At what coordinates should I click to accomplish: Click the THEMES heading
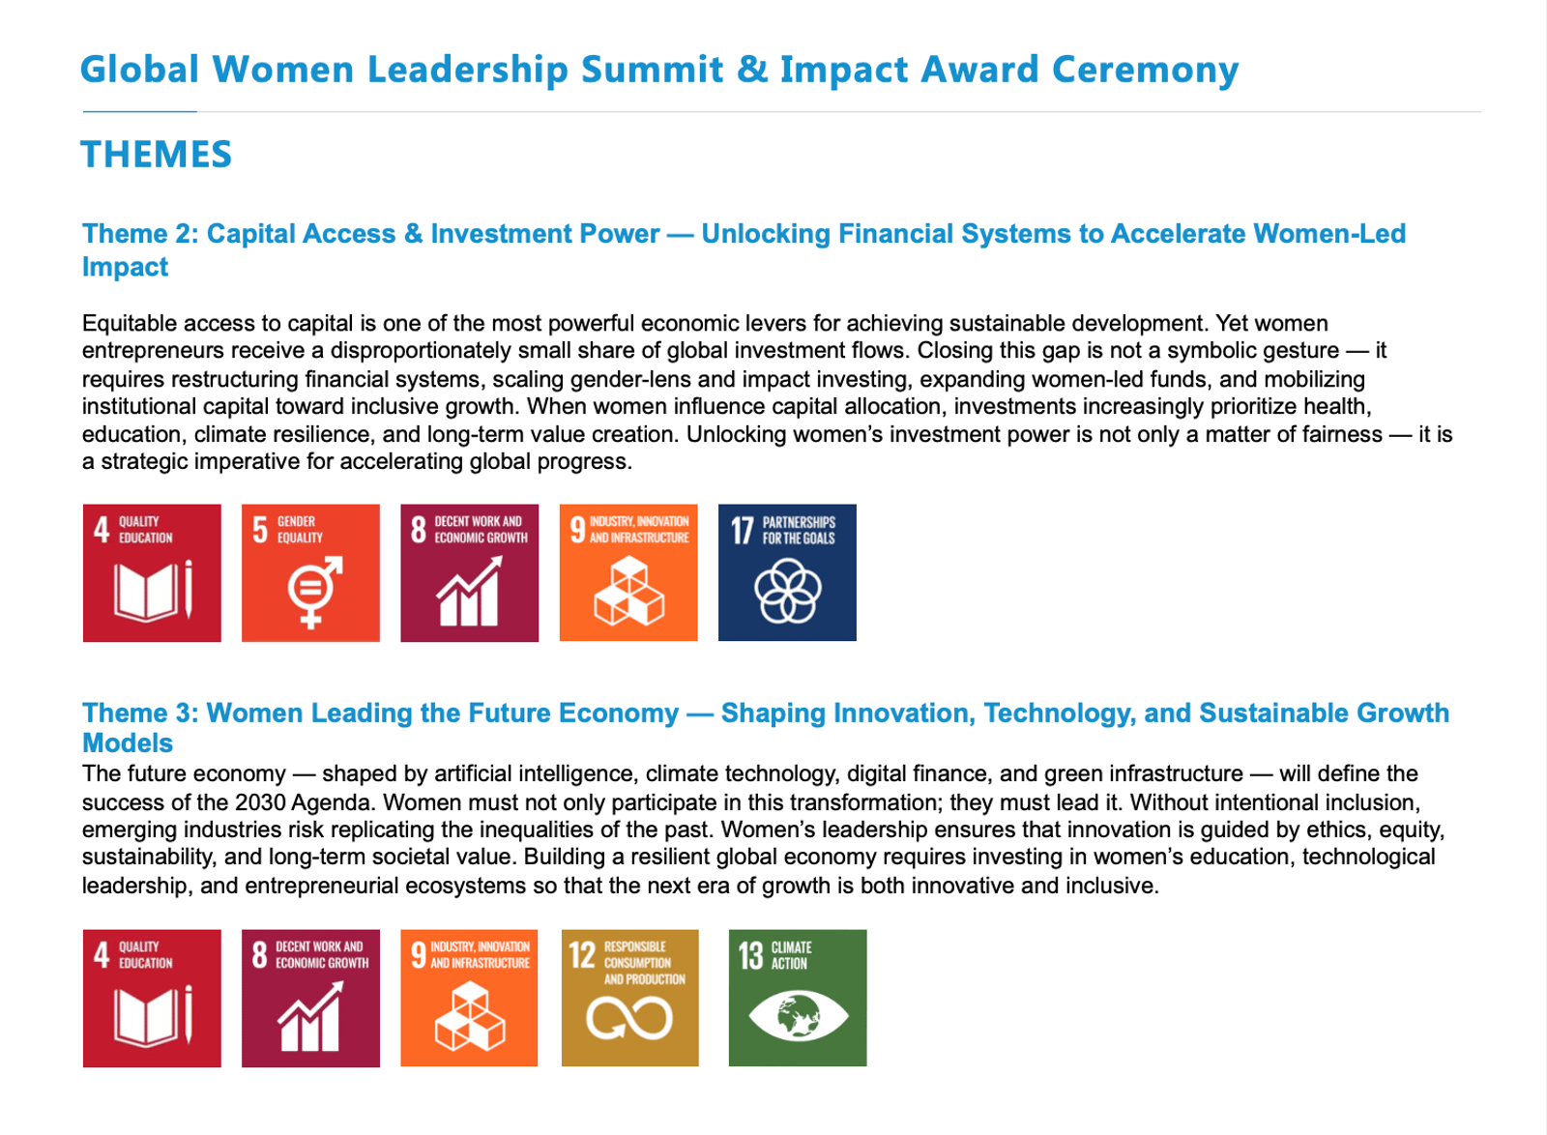coord(156,154)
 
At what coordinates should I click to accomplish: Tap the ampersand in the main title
coord(752,69)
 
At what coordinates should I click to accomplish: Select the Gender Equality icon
coord(310,573)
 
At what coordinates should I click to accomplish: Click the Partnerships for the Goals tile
coord(787,573)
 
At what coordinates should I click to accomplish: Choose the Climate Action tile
coord(798,999)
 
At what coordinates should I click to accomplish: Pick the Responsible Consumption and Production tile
coord(629,999)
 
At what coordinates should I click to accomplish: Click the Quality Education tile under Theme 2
coord(152,573)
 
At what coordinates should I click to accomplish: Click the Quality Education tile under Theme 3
coord(152,999)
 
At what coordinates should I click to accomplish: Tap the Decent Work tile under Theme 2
coord(470,573)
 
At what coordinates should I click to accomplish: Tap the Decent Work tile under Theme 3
coord(310,999)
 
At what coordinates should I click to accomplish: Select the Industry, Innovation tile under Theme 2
coord(628,573)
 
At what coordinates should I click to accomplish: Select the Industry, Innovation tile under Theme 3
coord(469,999)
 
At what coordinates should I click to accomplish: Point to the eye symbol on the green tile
coord(799,1015)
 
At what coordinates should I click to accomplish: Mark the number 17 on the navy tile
coord(743,530)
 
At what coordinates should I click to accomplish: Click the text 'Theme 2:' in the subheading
coord(140,234)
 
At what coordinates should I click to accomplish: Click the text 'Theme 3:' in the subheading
coord(140,713)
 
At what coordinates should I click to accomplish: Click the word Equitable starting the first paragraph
coord(130,323)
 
